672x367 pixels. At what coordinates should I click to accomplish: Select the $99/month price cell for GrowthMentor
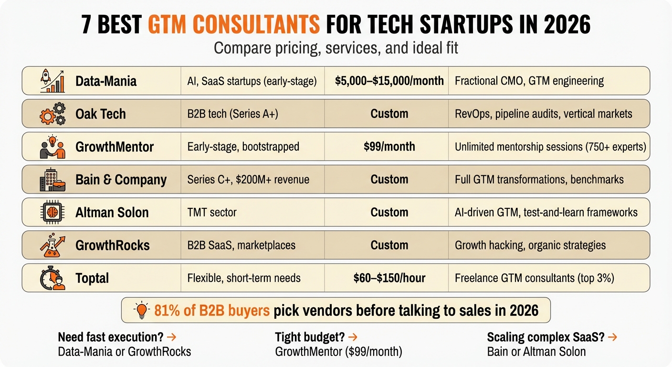[x=389, y=146]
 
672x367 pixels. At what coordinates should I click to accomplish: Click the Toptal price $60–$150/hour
[x=389, y=278]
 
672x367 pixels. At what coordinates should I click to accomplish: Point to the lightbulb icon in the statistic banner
[x=142, y=311]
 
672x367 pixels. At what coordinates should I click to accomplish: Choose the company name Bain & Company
[x=121, y=180]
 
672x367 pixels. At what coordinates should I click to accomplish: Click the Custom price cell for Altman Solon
[x=389, y=212]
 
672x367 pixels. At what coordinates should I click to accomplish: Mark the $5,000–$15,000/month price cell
[x=389, y=81]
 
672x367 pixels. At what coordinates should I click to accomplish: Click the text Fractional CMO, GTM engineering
[x=529, y=81]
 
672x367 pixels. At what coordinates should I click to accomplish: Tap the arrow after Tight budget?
[x=354, y=337]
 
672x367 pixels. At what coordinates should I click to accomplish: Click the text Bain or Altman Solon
[x=536, y=352]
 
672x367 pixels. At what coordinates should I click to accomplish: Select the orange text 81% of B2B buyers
[x=212, y=311]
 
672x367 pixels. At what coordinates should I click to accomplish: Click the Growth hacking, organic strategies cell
[x=530, y=245]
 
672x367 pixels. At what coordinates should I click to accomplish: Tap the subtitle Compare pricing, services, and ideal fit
[x=336, y=48]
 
